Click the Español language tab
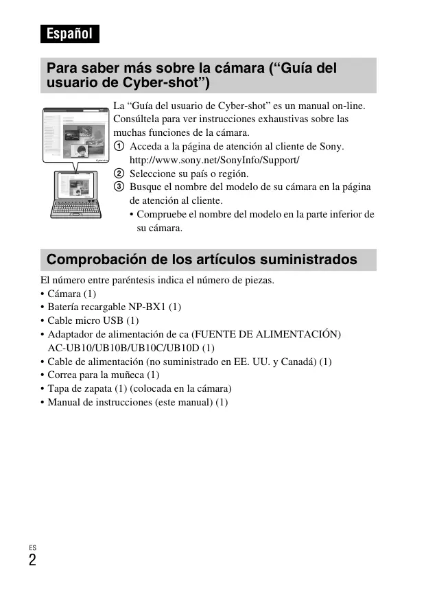tap(69, 33)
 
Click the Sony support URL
tap(215, 160)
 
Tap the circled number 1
tap(119, 147)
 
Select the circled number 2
tap(119, 174)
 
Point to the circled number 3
tap(119, 187)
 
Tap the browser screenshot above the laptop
tap(76, 134)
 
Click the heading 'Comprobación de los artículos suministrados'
tap(202, 260)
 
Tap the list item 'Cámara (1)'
tap(71, 294)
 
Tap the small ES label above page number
tap(32, 547)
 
